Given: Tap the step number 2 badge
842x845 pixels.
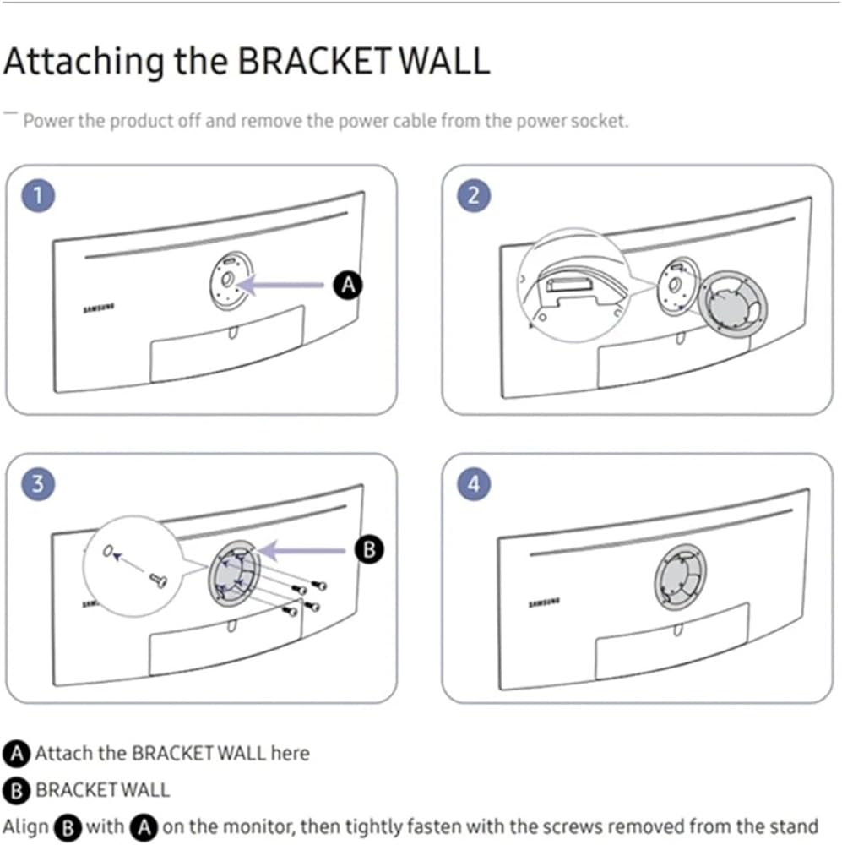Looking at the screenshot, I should coord(474,196).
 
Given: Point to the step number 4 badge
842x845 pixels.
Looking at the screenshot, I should coord(474,484).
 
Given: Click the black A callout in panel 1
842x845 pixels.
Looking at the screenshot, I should coord(347,286).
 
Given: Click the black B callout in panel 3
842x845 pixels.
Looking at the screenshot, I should coord(369,549).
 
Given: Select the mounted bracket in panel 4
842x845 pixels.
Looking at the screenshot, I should coord(680,579).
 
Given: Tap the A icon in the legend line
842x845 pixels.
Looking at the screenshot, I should coord(16,753).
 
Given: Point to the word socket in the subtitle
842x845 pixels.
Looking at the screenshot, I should coord(599,121).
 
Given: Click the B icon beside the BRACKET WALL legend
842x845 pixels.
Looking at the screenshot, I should coord(16,791).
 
